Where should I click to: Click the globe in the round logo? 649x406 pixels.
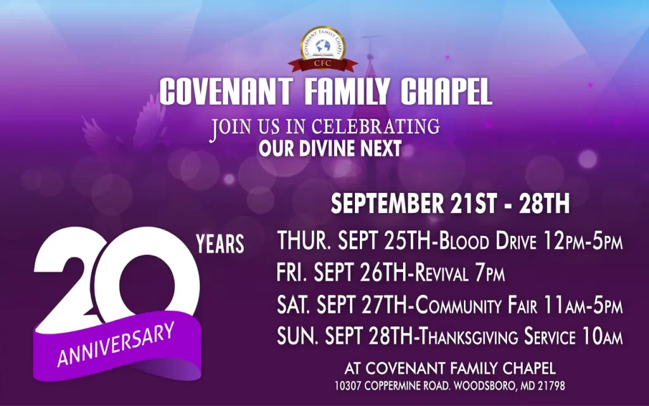(x=323, y=46)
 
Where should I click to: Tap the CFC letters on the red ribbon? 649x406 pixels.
(x=323, y=63)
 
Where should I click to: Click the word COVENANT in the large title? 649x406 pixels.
(x=226, y=91)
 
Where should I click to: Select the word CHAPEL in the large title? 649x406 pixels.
(x=447, y=91)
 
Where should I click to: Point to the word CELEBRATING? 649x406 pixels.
(x=375, y=127)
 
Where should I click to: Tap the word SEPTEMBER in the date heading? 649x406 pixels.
(x=387, y=204)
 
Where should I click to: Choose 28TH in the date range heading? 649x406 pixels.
(x=544, y=204)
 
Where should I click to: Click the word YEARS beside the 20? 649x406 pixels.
(x=220, y=244)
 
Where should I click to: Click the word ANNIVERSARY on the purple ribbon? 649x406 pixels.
(x=116, y=344)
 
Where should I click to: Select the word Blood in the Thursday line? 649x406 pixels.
(x=464, y=241)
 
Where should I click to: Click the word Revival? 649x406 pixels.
(x=441, y=273)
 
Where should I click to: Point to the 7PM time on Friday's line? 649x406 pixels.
(x=490, y=273)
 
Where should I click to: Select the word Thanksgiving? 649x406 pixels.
(x=468, y=336)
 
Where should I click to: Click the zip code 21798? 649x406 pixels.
(x=551, y=386)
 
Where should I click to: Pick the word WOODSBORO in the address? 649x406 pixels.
(x=485, y=386)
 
